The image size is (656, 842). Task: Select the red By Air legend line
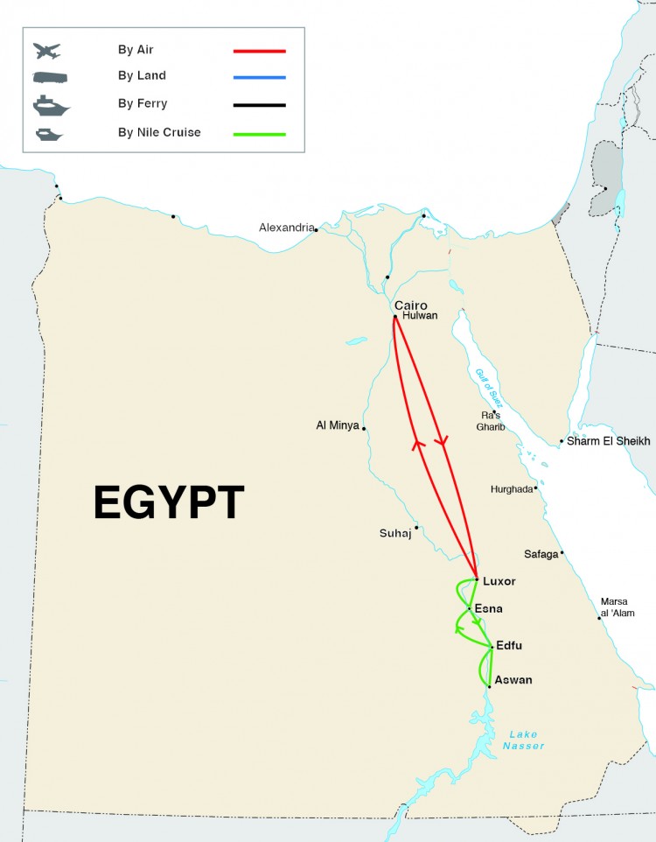point(260,50)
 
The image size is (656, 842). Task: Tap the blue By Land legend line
point(260,77)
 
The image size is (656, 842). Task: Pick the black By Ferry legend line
point(260,105)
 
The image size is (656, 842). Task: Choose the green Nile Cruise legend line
point(260,133)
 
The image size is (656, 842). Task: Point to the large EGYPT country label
point(169,503)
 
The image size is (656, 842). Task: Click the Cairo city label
point(411,305)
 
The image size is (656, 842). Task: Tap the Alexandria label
point(286,228)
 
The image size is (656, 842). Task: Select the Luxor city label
point(499,581)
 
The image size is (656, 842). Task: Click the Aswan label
point(513,680)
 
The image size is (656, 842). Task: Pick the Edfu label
point(509,646)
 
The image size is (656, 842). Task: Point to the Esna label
point(488,608)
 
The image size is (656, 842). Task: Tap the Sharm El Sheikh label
point(609,441)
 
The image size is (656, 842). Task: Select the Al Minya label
point(338,426)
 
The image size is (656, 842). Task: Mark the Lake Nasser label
point(523,740)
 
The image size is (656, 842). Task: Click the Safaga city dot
point(562,552)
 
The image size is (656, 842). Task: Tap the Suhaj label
point(395,533)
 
